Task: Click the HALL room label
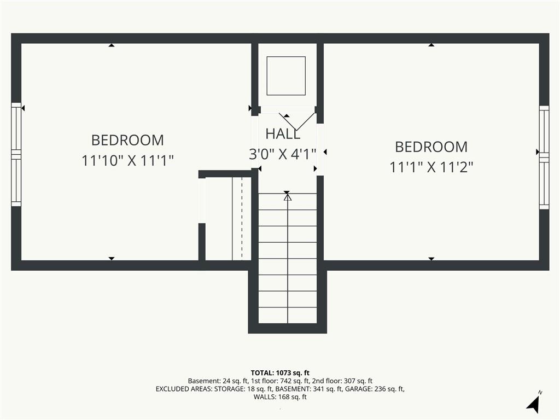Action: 283,134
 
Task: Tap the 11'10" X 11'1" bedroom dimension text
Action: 127,160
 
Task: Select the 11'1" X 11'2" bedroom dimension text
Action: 431,167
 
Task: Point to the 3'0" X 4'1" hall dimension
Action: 283,154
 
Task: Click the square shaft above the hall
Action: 286,75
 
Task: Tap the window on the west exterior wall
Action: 16,154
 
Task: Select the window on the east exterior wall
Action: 544,157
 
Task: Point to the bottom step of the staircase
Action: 288,315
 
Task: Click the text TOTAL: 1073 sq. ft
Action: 280,373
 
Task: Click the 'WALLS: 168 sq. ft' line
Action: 280,397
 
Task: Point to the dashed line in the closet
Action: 242,219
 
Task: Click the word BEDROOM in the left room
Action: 127,140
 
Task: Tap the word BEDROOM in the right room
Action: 431,147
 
